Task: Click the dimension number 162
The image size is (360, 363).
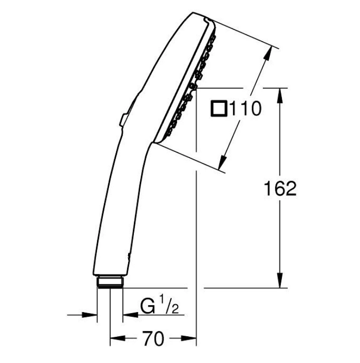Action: coord(280,188)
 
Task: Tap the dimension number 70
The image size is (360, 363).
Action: coord(153,338)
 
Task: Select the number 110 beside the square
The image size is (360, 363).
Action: coord(245,109)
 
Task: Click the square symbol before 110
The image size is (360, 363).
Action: coord(218,109)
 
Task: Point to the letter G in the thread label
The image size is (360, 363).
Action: coord(147,306)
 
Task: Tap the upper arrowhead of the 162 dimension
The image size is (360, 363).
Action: coord(280,96)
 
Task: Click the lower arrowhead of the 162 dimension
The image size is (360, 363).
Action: coord(280,280)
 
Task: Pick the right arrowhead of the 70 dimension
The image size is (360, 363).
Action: coord(188,338)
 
